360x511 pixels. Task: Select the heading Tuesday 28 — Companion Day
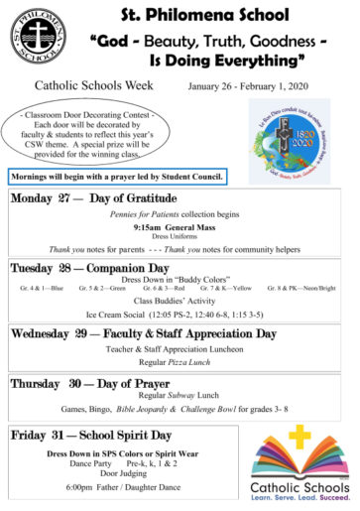point(89,268)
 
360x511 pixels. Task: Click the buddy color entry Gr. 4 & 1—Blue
point(42,288)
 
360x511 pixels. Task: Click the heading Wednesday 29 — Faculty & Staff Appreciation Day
point(144,333)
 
